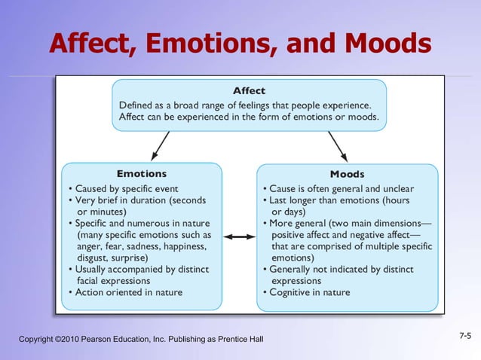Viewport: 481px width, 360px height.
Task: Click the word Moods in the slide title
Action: pos(388,45)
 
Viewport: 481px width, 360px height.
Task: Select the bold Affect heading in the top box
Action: pos(249,91)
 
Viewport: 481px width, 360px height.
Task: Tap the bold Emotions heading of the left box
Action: pos(142,174)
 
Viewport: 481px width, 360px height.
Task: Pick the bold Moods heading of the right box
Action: pos(348,175)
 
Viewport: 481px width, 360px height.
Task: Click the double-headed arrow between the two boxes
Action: pos(240,236)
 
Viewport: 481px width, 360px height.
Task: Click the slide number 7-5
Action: pos(464,334)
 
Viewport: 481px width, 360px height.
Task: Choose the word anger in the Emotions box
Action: pos(91,246)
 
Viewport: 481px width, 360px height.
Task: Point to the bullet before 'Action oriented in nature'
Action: pos(70,291)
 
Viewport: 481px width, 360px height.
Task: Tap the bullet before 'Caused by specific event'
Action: pos(70,188)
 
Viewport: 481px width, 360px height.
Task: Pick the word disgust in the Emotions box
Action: pos(95,257)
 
